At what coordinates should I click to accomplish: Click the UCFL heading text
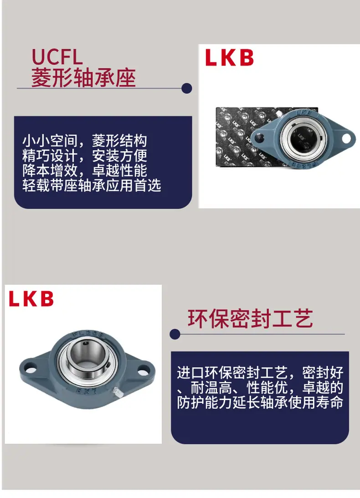(57, 57)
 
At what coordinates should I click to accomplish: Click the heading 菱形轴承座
(83, 77)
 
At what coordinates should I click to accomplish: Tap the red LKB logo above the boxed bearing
(229, 57)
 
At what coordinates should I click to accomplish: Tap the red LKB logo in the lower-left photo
(31, 298)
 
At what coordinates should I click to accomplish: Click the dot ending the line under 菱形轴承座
(186, 88)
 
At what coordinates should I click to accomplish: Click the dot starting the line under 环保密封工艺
(175, 334)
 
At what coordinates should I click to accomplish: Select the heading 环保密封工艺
(250, 318)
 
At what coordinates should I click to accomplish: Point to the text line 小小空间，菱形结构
(84, 141)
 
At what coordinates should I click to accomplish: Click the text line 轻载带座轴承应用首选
(92, 186)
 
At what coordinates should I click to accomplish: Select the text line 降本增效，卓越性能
(84, 170)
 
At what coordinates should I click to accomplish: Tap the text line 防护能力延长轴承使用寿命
(260, 402)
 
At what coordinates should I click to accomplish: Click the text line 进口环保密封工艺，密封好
(260, 373)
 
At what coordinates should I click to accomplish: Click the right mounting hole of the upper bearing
(346, 139)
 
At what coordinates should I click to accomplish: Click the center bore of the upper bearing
(303, 139)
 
